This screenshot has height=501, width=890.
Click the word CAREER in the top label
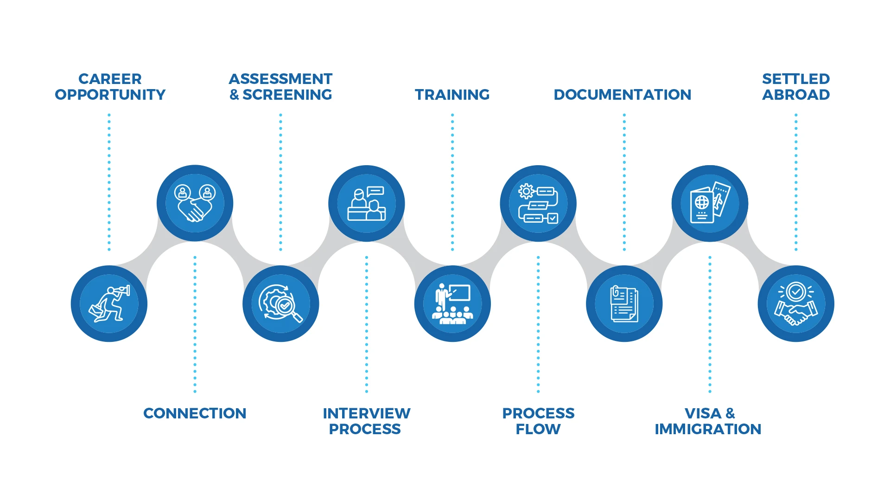(x=110, y=79)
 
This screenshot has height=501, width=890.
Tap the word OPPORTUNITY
(x=110, y=95)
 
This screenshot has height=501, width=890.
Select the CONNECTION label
(x=195, y=413)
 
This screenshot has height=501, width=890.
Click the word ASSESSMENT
(x=280, y=79)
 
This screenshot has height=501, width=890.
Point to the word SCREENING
(x=287, y=95)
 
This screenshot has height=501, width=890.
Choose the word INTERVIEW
(x=366, y=413)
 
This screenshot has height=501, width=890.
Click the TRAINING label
(x=452, y=95)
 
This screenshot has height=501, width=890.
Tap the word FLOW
(x=538, y=429)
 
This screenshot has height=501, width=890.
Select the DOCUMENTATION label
(x=622, y=95)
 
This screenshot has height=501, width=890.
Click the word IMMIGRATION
(x=708, y=429)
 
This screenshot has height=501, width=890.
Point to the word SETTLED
(x=796, y=79)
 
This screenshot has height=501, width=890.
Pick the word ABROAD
(x=796, y=95)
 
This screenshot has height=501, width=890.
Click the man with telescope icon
(x=109, y=304)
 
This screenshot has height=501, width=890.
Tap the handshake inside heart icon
(x=195, y=203)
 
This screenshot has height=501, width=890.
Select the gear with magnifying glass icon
(x=280, y=304)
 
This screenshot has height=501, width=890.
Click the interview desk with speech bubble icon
(x=366, y=203)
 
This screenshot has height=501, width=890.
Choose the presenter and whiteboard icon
(x=452, y=304)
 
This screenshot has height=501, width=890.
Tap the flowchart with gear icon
(x=538, y=203)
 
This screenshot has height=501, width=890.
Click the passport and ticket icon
(x=710, y=203)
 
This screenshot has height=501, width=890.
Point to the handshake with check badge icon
(x=796, y=304)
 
